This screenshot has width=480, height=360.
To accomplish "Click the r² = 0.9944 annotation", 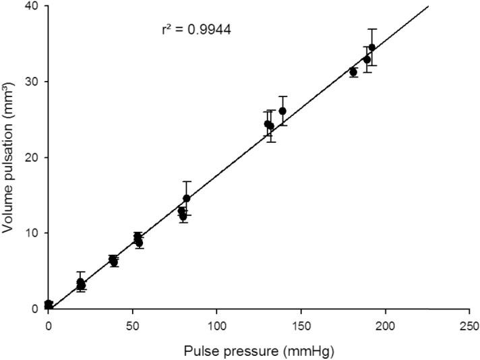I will tap(196, 30).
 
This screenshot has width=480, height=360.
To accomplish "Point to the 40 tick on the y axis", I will tap(32, 6).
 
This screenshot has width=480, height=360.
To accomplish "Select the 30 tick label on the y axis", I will tap(32, 82).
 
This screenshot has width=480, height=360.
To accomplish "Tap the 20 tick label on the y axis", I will tap(32, 157).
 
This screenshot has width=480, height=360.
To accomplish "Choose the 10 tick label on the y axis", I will tap(32, 233).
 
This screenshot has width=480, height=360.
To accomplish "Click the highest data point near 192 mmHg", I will tap(371, 47).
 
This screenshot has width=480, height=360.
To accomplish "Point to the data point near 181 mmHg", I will tap(353, 72).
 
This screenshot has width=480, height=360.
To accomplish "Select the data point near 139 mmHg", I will tap(282, 111).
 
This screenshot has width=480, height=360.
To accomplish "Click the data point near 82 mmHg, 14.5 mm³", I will tap(187, 199).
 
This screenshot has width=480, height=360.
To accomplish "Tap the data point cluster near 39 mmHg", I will tap(113, 260).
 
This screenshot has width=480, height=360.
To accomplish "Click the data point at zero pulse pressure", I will tap(49, 305).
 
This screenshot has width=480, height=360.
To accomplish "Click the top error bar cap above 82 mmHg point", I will tap(187, 181).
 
